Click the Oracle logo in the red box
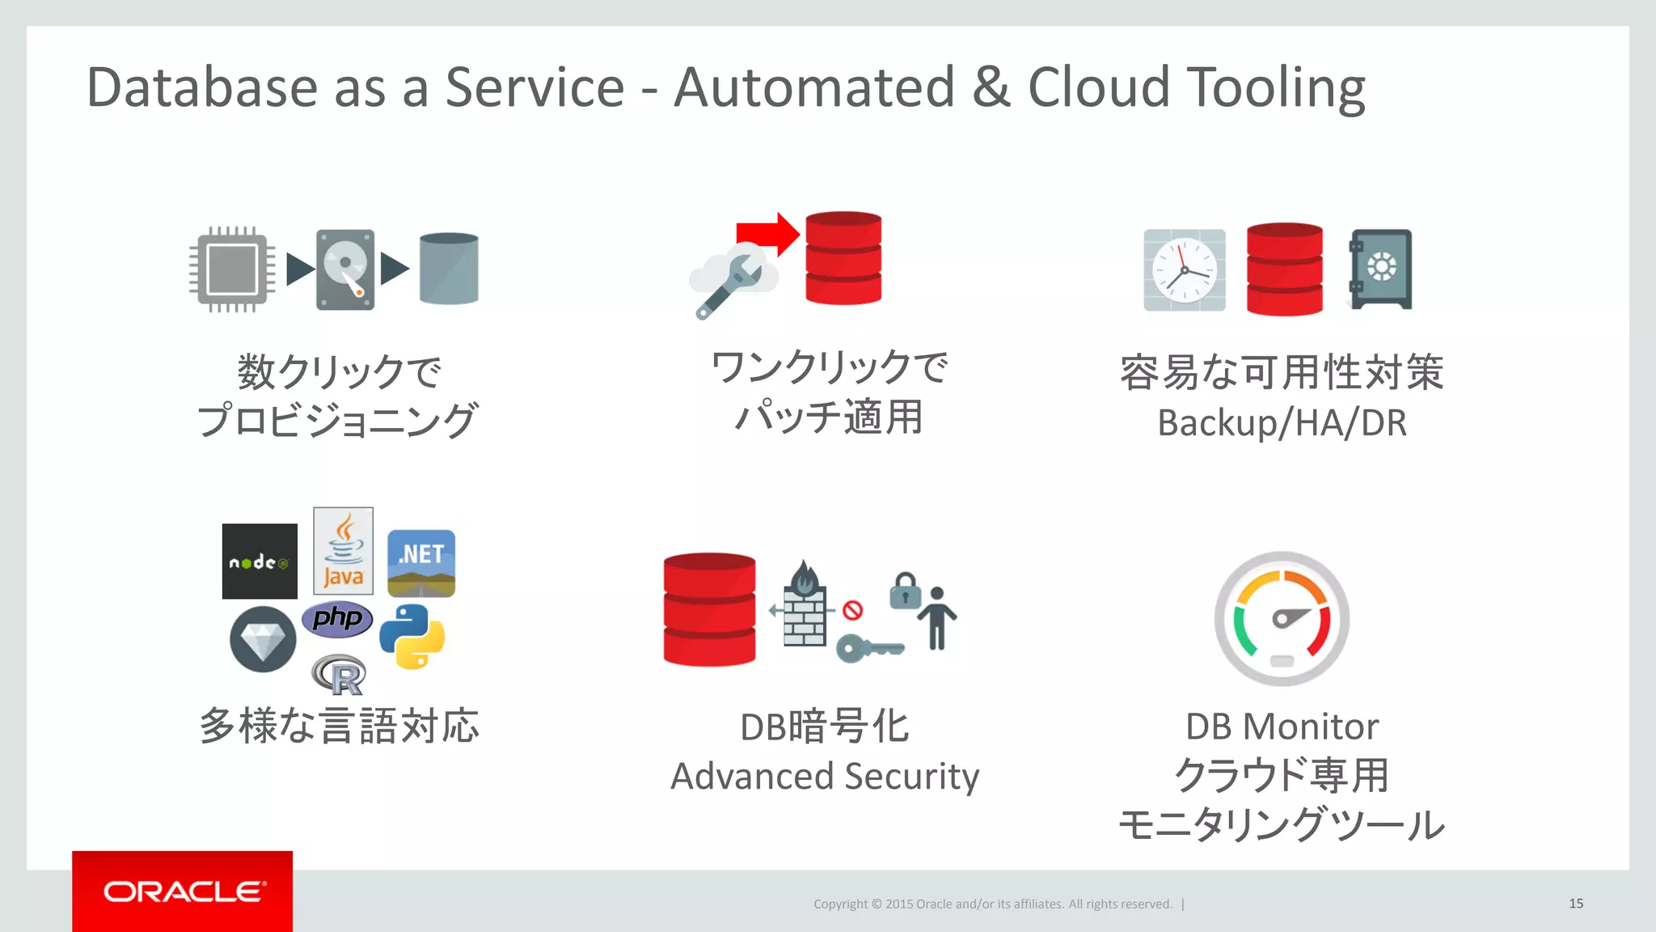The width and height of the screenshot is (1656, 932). [183, 892]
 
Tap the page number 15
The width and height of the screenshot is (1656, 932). [1575, 904]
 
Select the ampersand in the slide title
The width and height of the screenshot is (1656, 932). [991, 87]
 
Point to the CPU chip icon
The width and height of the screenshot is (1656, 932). [232, 269]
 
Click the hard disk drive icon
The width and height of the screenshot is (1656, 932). [345, 269]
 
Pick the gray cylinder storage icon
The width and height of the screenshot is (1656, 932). [449, 269]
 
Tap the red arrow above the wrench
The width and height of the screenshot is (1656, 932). [767, 235]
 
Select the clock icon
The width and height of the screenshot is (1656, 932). [1184, 270]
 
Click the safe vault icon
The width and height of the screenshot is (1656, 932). [1380, 269]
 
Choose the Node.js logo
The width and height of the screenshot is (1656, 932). [260, 561]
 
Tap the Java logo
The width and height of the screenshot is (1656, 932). [344, 551]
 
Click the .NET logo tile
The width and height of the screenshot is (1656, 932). [421, 563]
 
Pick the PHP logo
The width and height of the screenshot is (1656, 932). [337, 619]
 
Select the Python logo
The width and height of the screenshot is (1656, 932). [412, 637]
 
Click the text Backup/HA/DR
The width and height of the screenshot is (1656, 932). [1282, 422]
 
